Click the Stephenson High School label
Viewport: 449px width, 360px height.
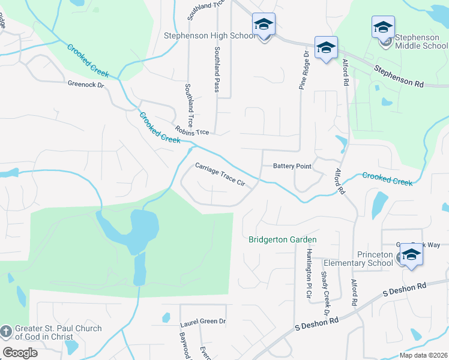tap(209, 36)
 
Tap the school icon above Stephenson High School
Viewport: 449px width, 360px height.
tap(263, 25)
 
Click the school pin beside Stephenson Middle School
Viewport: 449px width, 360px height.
tap(383, 28)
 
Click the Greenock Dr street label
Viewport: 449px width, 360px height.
tap(86, 85)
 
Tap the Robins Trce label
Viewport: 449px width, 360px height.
tap(192, 130)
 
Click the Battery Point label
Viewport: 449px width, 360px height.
tap(292, 166)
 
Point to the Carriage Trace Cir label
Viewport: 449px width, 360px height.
tap(220, 175)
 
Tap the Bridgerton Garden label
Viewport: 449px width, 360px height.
tap(283, 240)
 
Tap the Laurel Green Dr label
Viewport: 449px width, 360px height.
tap(203, 322)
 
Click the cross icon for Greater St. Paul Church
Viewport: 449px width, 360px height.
tap(6, 332)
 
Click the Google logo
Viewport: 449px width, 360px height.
tap(20, 352)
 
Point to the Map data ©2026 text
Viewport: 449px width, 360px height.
tap(423, 355)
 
